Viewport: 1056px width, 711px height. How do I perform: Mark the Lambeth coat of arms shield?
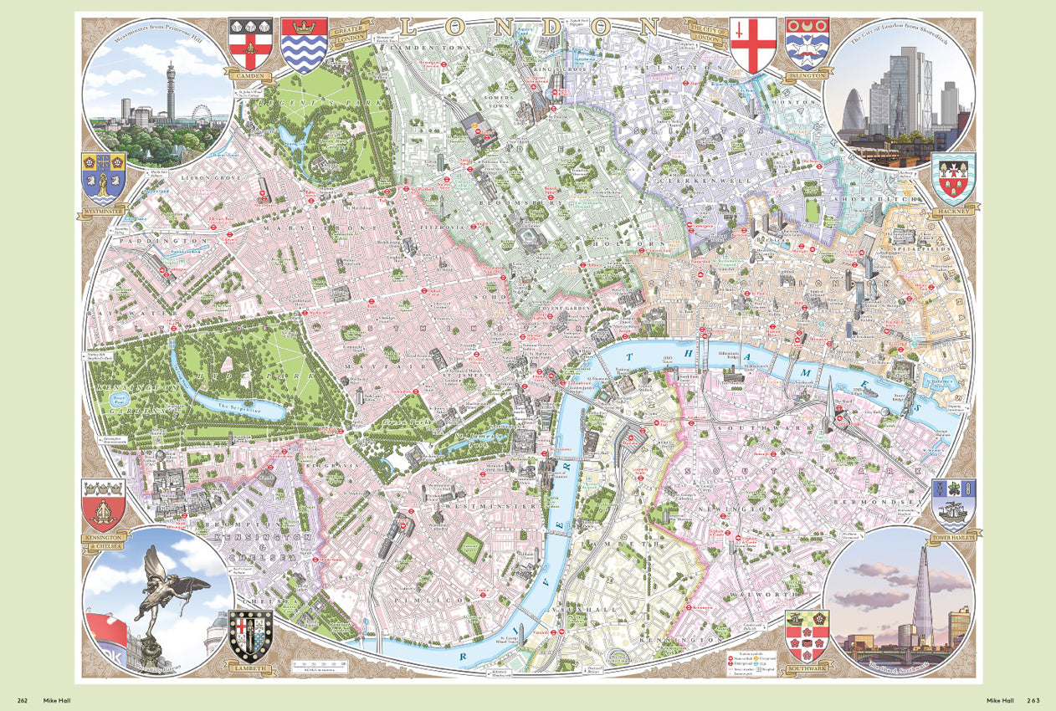point(250,637)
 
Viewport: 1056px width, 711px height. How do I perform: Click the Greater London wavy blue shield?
point(304,45)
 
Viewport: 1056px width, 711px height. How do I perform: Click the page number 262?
point(23,700)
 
